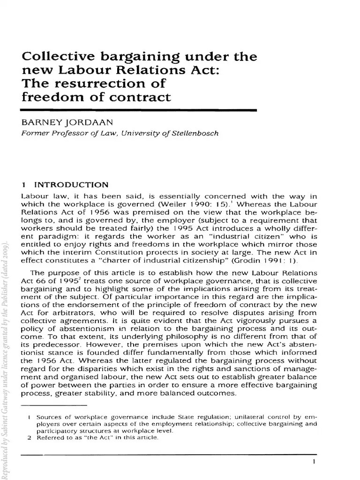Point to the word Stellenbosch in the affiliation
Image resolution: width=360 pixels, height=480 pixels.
(x=193, y=133)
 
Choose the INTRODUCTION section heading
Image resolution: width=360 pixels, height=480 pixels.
(x=71, y=184)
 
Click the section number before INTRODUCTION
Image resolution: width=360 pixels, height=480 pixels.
(x=24, y=184)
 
